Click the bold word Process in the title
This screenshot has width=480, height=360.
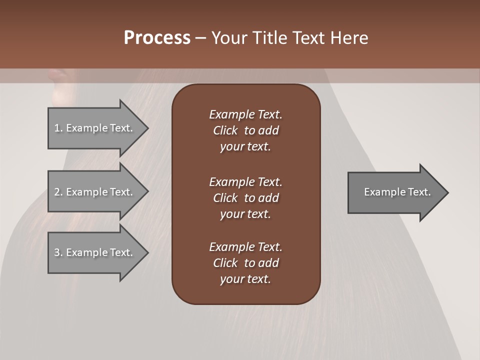coord(157,38)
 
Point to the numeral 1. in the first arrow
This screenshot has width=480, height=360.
coord(58,128)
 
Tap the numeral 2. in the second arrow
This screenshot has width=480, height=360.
coord(58,192)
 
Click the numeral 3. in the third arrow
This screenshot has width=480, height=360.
coord(58,252)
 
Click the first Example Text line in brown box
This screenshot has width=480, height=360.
coord(245,114)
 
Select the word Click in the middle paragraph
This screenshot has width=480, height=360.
coord(225,198)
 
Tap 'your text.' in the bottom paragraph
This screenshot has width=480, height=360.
coord(245,279)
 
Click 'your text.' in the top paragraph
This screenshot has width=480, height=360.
coord(245,146)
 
